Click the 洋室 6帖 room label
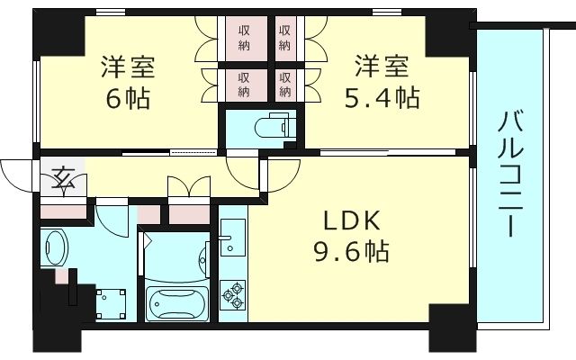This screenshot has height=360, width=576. pos(127,83)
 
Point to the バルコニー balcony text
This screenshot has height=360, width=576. pos(510,173)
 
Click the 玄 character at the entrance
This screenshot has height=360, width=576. pos(65,178)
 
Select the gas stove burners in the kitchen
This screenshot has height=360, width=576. pos(232,292)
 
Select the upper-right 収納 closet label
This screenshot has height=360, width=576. pos(284,38)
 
